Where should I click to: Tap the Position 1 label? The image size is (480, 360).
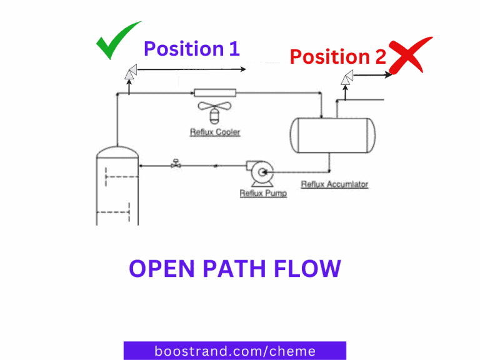point(191,49)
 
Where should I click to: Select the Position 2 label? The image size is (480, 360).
point(337,57)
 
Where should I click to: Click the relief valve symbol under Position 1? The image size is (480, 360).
point(130,73)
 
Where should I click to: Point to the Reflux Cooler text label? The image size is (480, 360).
point(215,132)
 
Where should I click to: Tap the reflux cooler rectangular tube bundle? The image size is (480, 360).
point(214,94)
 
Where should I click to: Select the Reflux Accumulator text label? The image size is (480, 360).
point(334,184)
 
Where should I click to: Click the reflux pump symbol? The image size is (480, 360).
point(260,172)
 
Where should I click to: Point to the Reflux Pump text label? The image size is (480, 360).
point(263,194)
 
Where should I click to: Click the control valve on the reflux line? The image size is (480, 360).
point(176,165)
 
